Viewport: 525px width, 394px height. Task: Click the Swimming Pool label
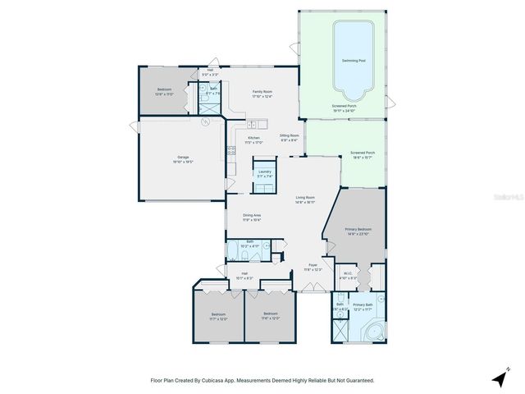(354, 62)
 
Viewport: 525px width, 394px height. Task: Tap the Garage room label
(182, 158)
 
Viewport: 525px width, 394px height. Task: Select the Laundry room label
(265, 172)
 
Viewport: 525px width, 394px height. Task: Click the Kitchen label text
(253, 138)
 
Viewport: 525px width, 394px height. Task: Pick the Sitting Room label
(289, 135)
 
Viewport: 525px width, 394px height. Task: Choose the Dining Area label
(252, 215)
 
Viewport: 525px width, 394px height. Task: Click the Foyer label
(313, 264)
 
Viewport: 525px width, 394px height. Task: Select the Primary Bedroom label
(358, 229)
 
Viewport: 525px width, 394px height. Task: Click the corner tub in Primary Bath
(375, 332)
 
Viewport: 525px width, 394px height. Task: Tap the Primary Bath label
(363, 305)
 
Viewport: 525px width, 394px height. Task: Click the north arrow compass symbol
(499, 378)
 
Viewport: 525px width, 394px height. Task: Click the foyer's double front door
(313, 286)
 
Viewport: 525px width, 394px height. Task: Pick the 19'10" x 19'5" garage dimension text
(182, 163)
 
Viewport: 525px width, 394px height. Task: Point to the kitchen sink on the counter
(232, 149)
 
